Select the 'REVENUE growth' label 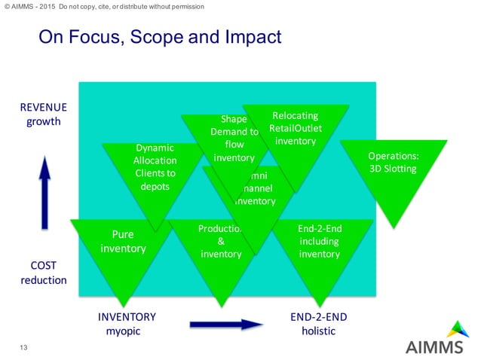(44, 114)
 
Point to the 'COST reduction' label (44, 273)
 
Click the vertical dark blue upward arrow (45, 191)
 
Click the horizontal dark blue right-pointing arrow (225, 325)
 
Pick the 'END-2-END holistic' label (318, 324)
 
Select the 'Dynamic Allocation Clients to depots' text (155, 166)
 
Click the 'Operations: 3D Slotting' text (392, 162)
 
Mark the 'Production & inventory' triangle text (220, 241)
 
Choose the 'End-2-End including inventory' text (319, 241)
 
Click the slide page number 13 (23, 347)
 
